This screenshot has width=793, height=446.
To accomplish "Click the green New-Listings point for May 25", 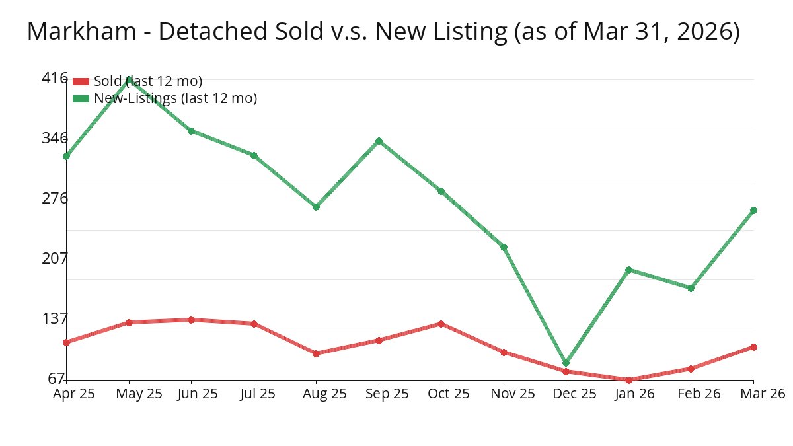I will pos(129,79).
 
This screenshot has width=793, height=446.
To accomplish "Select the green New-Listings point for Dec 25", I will pos(566,363).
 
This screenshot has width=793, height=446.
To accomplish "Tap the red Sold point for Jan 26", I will pos(628,380).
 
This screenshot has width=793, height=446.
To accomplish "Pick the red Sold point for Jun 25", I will pos(191,320).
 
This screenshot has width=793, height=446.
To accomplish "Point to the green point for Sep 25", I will pos(379,141).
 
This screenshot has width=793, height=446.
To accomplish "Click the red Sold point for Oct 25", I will pos(441,324).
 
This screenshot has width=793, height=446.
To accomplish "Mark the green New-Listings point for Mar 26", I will pos(753,210).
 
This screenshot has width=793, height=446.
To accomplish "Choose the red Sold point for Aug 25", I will pos(316,353).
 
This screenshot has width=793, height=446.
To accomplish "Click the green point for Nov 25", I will pos(504,247).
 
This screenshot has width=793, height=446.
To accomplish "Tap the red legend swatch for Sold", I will pos(81,81).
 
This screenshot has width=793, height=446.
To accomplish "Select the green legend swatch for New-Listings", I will pos(81,98).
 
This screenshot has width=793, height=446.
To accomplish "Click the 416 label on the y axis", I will pos(54,78).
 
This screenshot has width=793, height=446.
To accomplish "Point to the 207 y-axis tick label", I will pos(54,258).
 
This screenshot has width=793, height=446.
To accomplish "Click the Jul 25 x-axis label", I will pos(254,394).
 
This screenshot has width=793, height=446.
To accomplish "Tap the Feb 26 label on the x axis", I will pos(691,394).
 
